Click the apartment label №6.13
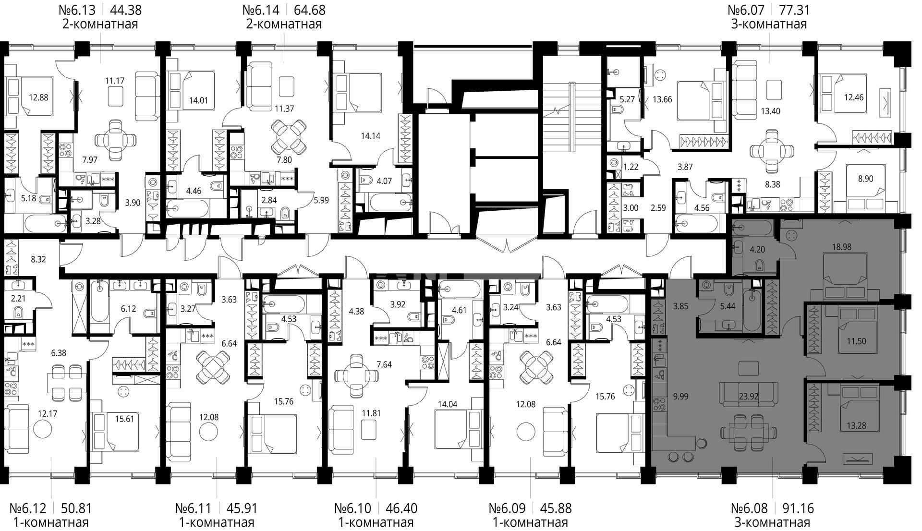pyautogui.click(x=77, y=10)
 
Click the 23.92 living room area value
pyautogui.click(x=748, y=397)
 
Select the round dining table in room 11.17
pyautogui.click(x=115, y=140)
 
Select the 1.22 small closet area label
pyautogui.click(x=631, y=167)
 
